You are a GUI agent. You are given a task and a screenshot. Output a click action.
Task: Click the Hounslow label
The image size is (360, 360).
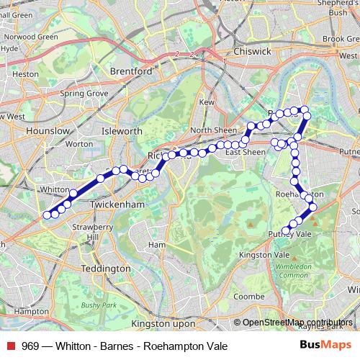tap(47, 131)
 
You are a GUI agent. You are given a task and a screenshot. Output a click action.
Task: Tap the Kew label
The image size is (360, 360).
tap(207, 103)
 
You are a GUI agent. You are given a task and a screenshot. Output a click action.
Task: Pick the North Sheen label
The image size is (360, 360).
tap(210, 130)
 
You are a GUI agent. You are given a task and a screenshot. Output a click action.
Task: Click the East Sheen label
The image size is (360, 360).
tap(246, 152)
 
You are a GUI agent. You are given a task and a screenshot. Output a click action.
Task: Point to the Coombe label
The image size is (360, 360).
tap(250, 296)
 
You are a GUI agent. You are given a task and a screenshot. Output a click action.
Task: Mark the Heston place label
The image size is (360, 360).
tap(26, 73)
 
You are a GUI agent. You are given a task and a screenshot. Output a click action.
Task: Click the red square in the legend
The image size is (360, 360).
tap(11, 346)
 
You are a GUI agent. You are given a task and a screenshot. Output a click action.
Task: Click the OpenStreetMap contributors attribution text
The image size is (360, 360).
tap(297, 323)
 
